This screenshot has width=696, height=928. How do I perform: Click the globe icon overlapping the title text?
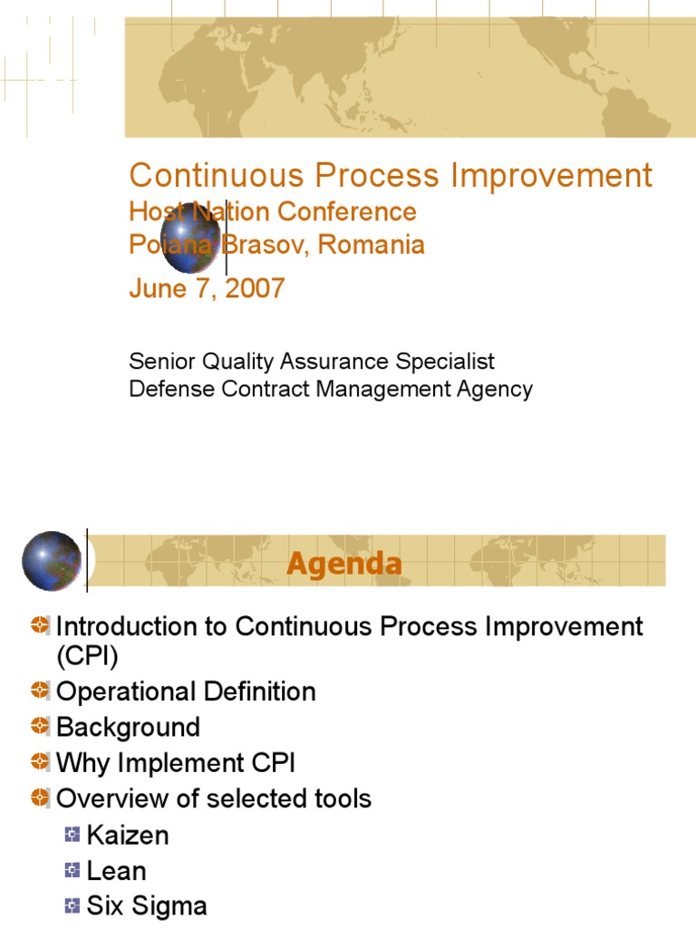190,237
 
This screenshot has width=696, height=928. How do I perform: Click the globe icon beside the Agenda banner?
52,561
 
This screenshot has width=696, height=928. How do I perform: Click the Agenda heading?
344,564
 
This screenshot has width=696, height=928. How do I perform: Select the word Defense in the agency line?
165,390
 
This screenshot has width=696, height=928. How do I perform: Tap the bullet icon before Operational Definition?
39,691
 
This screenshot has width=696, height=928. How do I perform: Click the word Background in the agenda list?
128,728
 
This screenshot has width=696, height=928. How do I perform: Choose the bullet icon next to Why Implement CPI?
39,763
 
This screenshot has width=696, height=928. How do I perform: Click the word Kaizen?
128,835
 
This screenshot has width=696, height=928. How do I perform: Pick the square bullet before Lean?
72,871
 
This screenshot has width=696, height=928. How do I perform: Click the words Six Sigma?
147,906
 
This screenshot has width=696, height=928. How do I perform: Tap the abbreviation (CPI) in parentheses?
88,655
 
